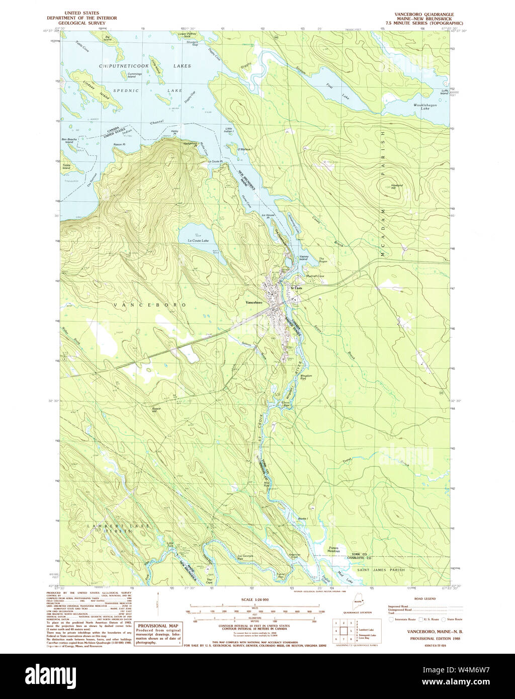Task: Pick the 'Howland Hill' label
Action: point(397,186)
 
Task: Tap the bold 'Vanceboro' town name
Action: point(254,302)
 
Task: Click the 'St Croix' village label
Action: point(295,288)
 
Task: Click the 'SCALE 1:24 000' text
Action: point(255,599)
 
